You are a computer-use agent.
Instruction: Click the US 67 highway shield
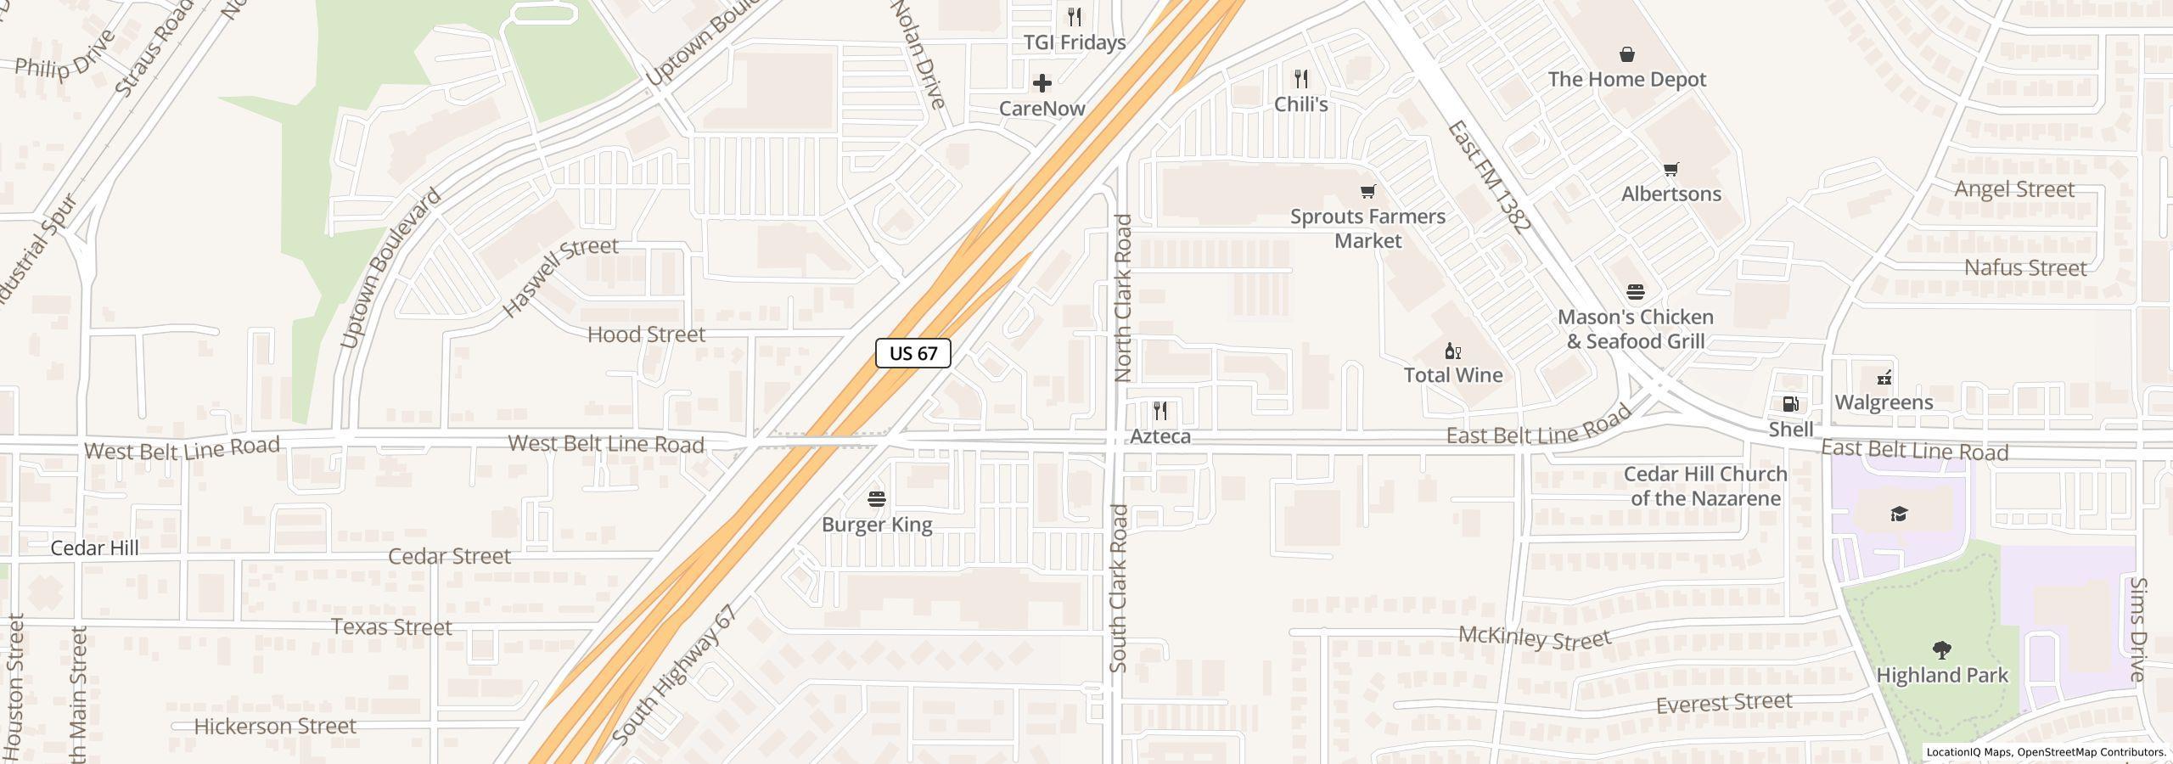[912, 353]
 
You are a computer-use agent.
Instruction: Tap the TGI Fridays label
[1074, 42]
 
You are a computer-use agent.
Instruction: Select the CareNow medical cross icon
[1042, 83]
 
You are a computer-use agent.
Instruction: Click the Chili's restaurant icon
[1300, 80]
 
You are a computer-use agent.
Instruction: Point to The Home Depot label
[1626, 79]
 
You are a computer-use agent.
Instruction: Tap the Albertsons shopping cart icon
[1670, 170]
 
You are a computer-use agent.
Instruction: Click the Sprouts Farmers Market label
[1367, 228]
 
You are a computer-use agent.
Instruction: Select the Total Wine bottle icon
[1452, 351]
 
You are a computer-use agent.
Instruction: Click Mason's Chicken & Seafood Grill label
[1635, 329]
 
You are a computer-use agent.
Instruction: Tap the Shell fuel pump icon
[1790, 405]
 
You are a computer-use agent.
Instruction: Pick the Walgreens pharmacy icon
[1884, 378]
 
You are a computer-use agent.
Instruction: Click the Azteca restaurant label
[1159, 436]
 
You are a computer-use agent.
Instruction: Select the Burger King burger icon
[877, 499]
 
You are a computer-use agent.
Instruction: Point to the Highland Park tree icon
[1941, 651]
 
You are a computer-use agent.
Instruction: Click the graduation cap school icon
[1899, 514]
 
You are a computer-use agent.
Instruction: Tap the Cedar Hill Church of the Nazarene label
[1704, 486]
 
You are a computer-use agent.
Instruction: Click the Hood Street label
[646, 334]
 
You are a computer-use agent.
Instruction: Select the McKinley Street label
[1534, 637]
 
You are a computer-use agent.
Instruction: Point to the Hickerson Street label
[275, 727]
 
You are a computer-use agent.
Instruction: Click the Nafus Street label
[2024, 268]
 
